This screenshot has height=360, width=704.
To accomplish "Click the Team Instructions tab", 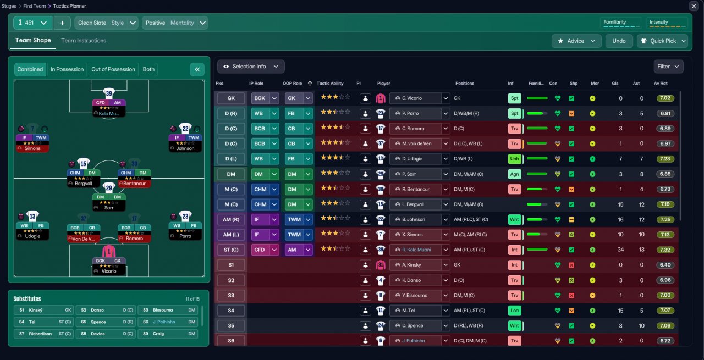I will point(84,41).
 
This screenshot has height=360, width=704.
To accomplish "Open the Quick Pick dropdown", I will point(662,41).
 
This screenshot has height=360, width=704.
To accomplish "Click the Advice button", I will point(576,41).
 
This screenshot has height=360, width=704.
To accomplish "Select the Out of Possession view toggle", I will point(113,69).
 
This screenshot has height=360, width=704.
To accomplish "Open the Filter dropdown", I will point(668,67).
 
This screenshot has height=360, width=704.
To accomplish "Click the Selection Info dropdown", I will point(251,67).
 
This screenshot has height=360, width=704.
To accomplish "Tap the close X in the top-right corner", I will point(694,6).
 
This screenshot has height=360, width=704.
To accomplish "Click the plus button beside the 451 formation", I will point(62,23).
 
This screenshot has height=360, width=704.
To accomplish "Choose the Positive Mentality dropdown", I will point(175,23).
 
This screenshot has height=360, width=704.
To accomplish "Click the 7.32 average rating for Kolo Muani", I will point(665,250).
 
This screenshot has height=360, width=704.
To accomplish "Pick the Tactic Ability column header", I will point(330,84).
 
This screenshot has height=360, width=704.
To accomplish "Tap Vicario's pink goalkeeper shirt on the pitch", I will point(109,252).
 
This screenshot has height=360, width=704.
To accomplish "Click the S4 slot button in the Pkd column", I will point(231,311).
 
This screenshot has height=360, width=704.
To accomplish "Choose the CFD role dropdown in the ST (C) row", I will point(265,250).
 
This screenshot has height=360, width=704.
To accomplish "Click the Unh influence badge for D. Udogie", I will point(514,159).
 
